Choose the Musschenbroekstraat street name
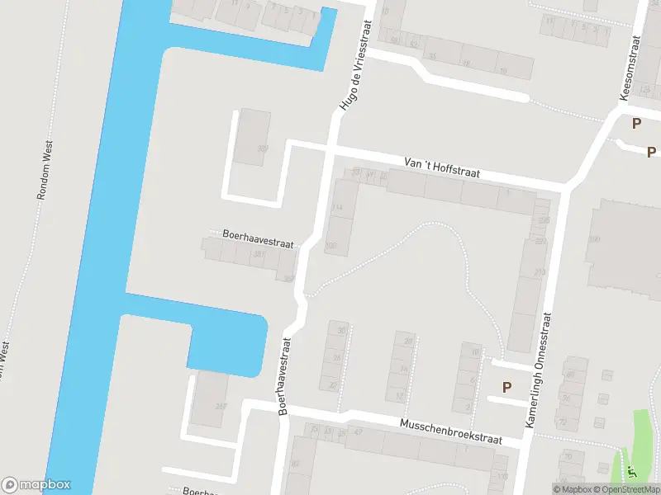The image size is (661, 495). tap(450, 431)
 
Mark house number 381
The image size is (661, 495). tap(259, 255)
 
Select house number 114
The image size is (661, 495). tap(336, 207)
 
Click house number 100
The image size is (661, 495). tap(331, 245)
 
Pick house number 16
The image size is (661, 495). tap(404, 370)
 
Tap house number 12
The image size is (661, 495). tap(400, 396)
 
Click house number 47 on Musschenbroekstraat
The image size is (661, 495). tap(358, 431)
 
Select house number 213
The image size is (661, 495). tap(540, 271)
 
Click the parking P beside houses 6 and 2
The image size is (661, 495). tap(506, 387)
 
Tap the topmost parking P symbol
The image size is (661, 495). tap(636, 124)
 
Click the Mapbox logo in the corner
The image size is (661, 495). tap(36, 485)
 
